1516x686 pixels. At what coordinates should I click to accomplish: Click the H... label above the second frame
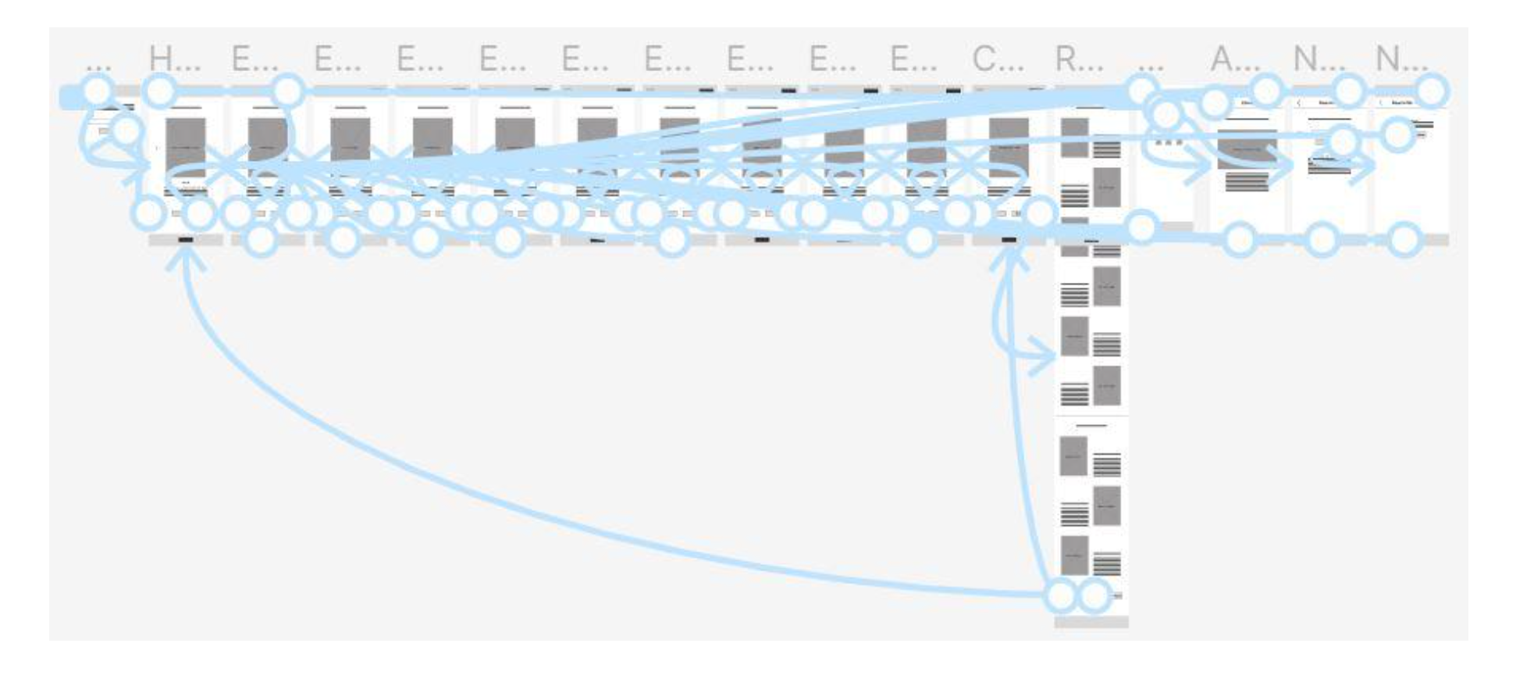[173, 59]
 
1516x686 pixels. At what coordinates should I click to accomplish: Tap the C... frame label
[998, 59]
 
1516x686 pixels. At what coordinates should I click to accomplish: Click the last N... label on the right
[1400, 59]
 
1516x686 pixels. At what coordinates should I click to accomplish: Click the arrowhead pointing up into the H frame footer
[185, 256]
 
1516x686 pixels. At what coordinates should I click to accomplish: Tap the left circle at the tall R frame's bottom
[1060, 596]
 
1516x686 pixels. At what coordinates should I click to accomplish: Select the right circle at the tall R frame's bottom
[1094, 596]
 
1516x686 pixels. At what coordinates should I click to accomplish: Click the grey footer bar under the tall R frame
[1091, 622]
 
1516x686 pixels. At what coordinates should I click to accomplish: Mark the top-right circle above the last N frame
[1430, 91]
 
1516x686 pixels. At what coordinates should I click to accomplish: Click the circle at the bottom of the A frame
[1239, 240]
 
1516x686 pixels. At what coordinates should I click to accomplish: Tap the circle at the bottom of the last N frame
[1403, 240]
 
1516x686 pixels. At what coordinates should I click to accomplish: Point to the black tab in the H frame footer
[185, 240]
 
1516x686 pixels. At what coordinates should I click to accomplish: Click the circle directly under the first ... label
[97, 91]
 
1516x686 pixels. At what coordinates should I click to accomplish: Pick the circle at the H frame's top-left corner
[159, 91]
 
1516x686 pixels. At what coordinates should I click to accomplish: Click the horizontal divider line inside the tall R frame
[1091, 416]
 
